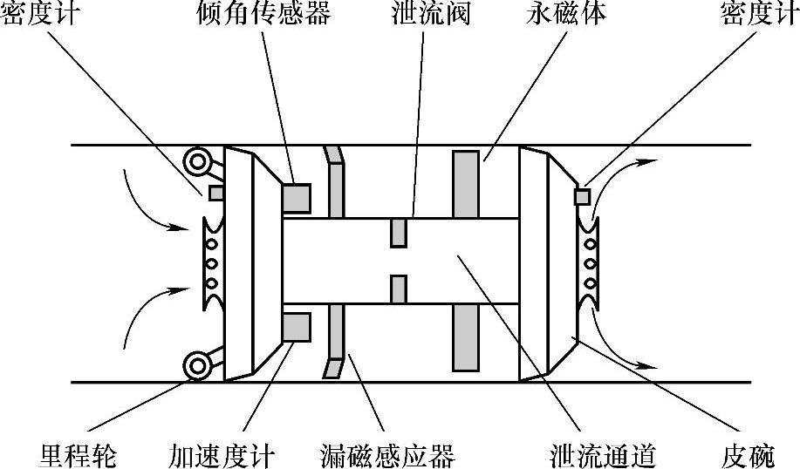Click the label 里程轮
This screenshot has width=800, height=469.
click(78, 454)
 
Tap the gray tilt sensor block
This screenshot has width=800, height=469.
click(297, 197)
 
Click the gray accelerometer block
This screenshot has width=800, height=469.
click(297, 327)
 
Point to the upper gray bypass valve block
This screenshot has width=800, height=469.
click(399, 233)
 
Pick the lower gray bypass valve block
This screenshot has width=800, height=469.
click(399, 289)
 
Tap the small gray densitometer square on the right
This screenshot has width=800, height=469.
click(582, 197)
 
